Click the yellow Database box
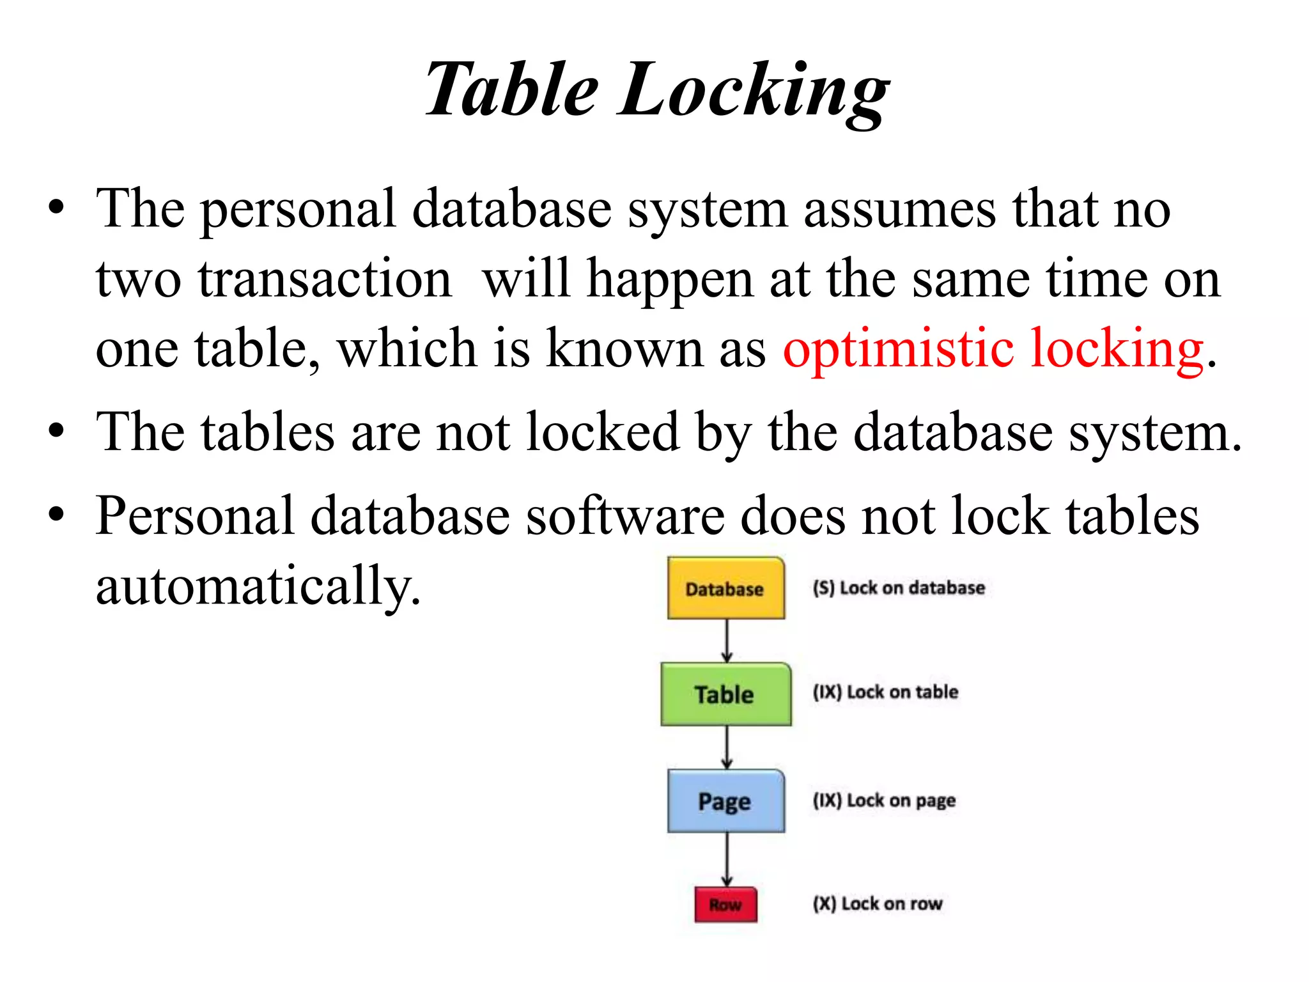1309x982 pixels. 725,588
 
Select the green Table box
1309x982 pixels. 725,694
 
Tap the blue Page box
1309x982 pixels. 725,801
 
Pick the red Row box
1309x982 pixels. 725,905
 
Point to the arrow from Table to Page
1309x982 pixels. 726,747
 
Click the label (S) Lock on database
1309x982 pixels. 898,588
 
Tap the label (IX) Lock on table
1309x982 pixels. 885,692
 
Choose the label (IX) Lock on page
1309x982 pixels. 884,801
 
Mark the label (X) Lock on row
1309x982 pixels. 878,904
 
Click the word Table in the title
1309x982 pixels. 512,90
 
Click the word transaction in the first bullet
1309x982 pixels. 325,279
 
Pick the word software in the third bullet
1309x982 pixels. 624,516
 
